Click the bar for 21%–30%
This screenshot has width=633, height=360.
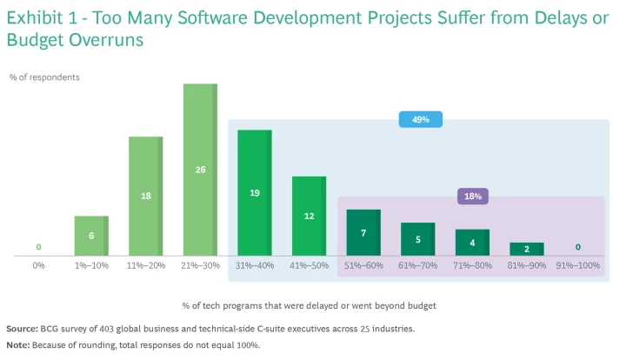[x=200, y=170]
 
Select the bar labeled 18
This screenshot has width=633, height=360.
[x=146, y=196]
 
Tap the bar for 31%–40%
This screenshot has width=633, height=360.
[x=255, y=192]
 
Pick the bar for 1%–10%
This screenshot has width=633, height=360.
[x=91, y=236]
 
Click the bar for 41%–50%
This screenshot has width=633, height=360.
[x=309, y=216]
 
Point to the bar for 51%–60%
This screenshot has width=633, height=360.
[x=363, y=232]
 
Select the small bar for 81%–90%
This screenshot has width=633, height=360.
[x=526, y=249]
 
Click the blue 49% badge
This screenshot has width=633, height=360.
[x=421, y=119]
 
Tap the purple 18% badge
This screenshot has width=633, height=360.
[x=473, y=197]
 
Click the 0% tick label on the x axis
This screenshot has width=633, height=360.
[x=38, y=264]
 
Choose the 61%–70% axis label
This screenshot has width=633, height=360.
[x=417, y=264]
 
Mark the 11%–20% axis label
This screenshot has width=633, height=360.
[x=146, y=264]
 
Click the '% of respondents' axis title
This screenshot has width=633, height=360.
[x=44, y=77]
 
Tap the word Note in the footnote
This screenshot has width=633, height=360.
[x=17, y=344]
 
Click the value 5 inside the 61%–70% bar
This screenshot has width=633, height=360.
[x=417, y=238]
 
